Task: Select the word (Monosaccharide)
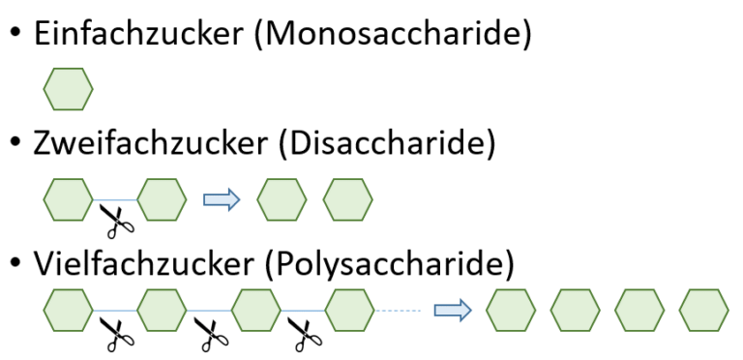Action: [x=393, y=35]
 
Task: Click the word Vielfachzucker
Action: [x=143, y=263]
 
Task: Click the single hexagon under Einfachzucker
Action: [x=69, y=89]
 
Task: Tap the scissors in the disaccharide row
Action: [x=117, y=221]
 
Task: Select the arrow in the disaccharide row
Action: [x=222, y=199]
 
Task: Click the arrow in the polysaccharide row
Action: [x=453, y=310]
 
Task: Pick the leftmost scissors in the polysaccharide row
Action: [x=117, y=335]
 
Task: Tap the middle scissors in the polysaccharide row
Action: [x=211, y=335]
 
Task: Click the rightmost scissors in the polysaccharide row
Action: [x=305, y=335]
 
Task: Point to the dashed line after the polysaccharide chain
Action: [x=397, y=311]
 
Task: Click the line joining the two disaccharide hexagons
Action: [x=115, y=200]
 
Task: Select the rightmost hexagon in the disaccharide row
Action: [x=348, y=199]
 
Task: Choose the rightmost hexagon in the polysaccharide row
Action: [x=703, y=311]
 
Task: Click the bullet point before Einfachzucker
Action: [x=15, y=33]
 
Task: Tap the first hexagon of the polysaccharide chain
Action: [x=69, y=311]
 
